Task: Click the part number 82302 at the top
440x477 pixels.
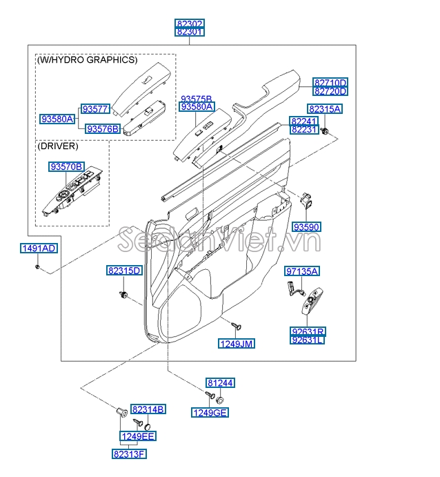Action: tap(190, 23)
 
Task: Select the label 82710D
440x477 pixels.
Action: tap(330, 82)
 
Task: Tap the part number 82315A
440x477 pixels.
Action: tap(325, 109)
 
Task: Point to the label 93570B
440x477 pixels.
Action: tap(66, 167)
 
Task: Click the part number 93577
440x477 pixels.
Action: tap(96, 109)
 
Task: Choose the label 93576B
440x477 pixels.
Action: tap(102, 128)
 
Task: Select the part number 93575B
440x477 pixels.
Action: tap(196, 99)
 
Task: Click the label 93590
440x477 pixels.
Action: tap(307, 226)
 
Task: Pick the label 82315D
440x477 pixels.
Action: tap(124, 271)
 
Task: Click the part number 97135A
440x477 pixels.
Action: tap(302, 271)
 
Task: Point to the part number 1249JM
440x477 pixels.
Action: tap(237, 343)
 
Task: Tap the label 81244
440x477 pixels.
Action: tap(220, 382)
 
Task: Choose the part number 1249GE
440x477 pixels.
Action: tap(210, 413)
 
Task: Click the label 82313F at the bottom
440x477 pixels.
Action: tap(129, 454)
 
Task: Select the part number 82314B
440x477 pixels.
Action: tap(148, 409)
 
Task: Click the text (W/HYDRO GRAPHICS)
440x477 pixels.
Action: tap(87, 60)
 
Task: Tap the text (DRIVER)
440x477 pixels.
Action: tap(58, 146)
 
